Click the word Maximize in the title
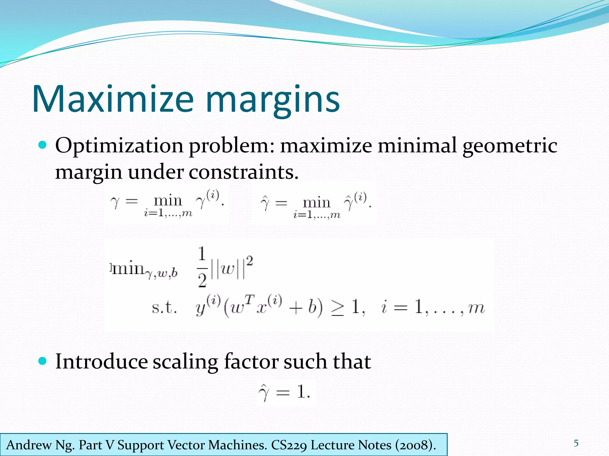[x=113, y=99]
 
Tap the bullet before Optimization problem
[x=43, y=145]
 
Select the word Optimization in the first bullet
[x=119, y=146]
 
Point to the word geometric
[x=510, y=146]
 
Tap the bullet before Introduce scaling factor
[x=43, y=361]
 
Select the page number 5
[x=576, y=443]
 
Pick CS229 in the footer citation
[x=288, y=445]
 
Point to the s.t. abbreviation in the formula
[x=164, y=308]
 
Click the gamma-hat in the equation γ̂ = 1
[x=264, y=392]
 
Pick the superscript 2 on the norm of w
[x=249, y=261]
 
